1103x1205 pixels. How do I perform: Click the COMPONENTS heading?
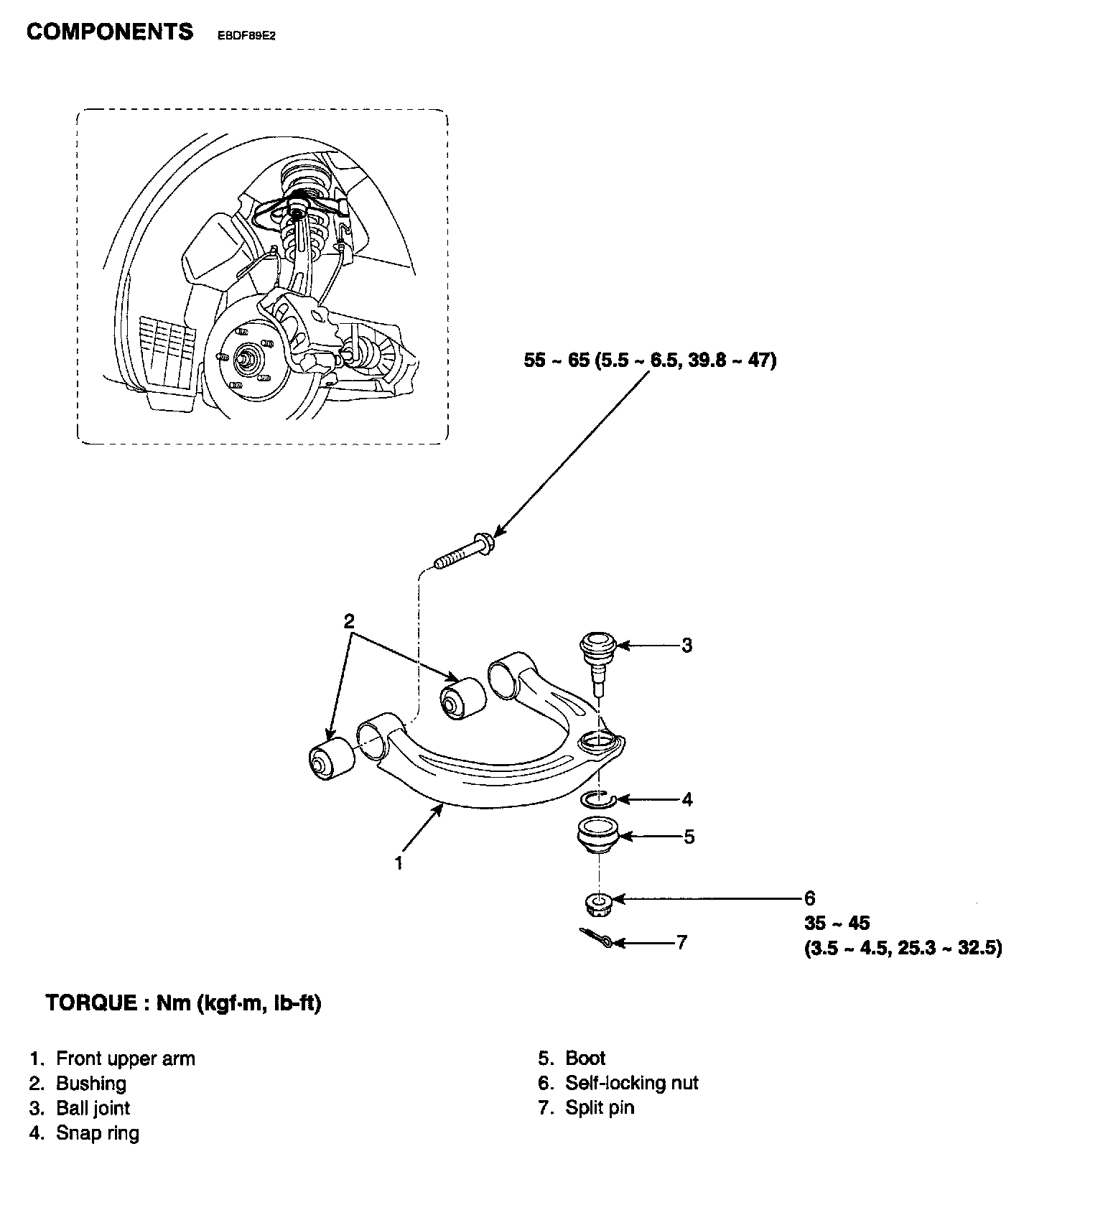pos(109,32)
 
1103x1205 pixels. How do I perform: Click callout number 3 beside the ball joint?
pos(687,646)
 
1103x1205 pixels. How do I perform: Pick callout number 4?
pos(687,799)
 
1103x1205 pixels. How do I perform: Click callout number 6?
pos(810,898)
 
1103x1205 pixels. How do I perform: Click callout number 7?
pos(681,942)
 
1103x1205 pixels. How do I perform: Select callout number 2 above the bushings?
pos(349,621)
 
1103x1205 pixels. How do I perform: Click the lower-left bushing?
pos(330,760)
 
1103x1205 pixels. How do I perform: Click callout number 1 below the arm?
pos(399,862)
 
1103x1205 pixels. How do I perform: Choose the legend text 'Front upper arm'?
pos(126,1059)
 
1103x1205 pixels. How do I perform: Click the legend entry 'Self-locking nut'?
pos(632,1083)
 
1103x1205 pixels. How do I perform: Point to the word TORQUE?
pos(90,1003)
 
